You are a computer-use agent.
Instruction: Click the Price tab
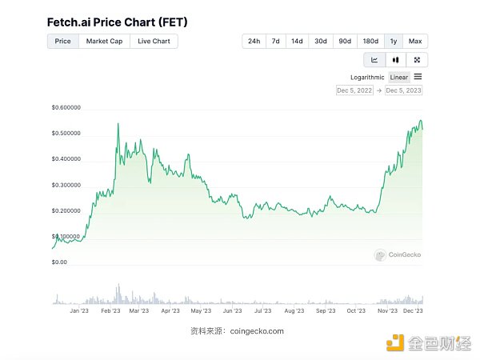tap(62, 41)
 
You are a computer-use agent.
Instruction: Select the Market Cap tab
tap(104, 41)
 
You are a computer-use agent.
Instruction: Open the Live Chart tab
tap(154, 41)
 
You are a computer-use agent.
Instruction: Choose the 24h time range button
tap(254, 41)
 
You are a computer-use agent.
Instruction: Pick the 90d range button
tap(345, 41)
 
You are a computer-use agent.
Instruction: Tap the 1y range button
tap(393, 41)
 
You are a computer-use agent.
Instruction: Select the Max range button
tap(415, 41)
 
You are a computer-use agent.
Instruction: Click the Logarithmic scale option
tap(367, 78)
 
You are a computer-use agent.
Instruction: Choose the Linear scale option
tap(398, 78)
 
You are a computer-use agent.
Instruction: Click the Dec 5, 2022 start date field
tap(355, 90)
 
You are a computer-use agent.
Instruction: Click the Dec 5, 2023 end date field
tap(403, 90)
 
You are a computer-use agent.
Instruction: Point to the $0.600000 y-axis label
tap(66, 107)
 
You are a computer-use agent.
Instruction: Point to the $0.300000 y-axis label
tap(66, 185)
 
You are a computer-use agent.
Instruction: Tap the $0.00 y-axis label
tap(60, 262)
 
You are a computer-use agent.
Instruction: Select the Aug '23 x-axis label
tap(294, 310)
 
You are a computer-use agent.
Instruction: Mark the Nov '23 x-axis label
tap(387, 310)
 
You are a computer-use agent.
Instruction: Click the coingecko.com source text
tap(255, 331)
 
